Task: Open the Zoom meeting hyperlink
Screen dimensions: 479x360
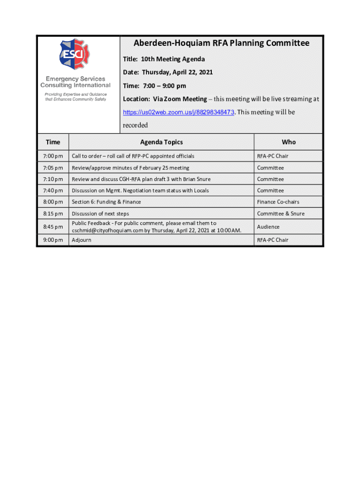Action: coord(178,113)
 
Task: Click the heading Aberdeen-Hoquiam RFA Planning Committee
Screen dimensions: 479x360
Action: coord(222,44)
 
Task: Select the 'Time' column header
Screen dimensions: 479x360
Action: coord(53,142)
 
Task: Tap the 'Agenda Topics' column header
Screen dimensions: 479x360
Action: coord(161,142)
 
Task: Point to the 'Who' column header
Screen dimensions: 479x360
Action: coord(288,142)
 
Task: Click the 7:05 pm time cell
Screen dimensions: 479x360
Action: coord(53,168)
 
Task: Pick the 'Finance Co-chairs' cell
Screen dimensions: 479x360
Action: coord(278,202)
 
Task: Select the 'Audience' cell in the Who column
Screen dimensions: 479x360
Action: coord(268,227)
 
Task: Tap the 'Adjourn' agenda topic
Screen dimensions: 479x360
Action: coord(81,240)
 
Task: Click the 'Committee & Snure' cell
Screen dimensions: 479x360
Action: coord(281,214)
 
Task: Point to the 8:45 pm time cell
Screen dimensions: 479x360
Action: coord(53,227)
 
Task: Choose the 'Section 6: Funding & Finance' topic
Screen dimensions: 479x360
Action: coord(106,202)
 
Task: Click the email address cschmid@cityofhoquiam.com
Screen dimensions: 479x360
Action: coord(107,231)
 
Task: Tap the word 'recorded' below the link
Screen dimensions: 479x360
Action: coord(135,125)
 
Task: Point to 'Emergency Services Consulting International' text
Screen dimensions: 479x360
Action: coord(75,82)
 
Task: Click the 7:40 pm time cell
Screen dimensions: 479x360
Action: coord(53,191)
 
